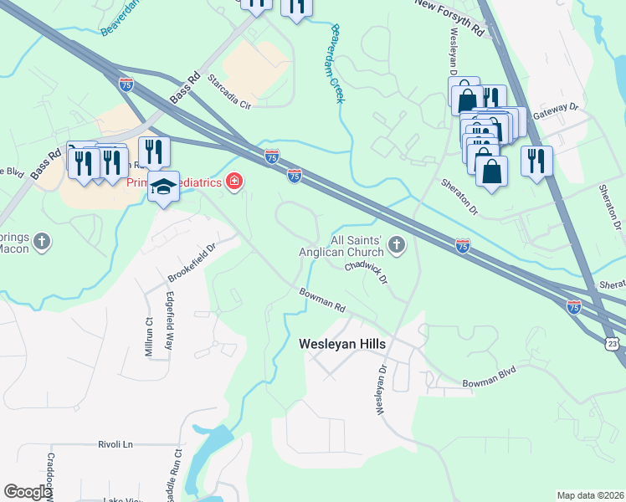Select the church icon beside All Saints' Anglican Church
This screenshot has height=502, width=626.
coord(397,245)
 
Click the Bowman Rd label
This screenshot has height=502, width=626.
coord(323,300)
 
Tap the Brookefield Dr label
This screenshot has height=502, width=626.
coord(192,262)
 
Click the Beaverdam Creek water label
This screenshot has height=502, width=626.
coord(338,63)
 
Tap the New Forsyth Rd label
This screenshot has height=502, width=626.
coord(450,17)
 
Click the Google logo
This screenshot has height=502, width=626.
coord(27,492)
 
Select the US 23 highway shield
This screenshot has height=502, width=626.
coord(613,344)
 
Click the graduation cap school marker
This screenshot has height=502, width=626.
coord(164,188)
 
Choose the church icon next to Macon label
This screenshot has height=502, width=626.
coord(44,243)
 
